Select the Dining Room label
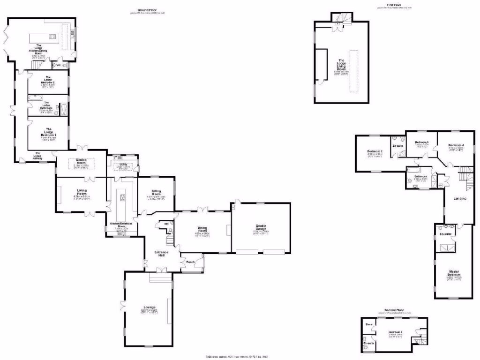(202, 229)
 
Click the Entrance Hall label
(162, 254)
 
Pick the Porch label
(191, 262)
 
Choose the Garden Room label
(82, 161)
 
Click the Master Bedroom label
(453, 273)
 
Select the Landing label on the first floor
(460, 198)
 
